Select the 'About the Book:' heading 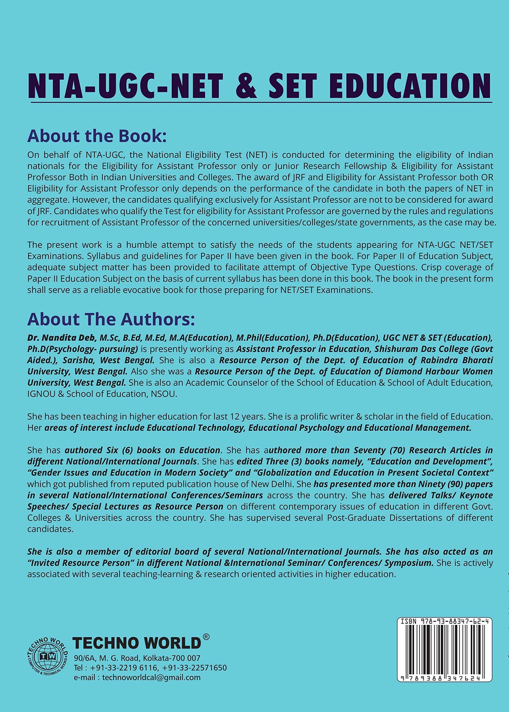97,136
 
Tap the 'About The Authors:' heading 111,319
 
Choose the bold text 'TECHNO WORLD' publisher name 137,643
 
